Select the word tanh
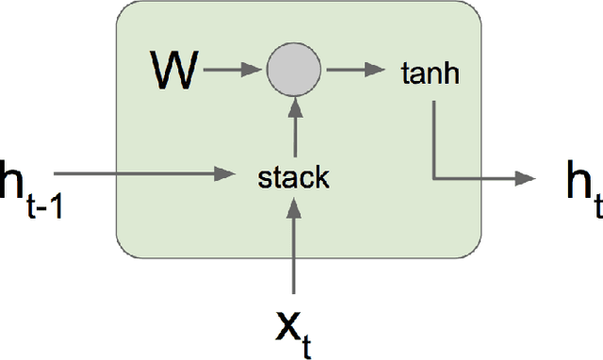click(x=432, y=74)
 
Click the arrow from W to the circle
click(x=230, y=70)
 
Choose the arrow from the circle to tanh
click(x=354, y=70)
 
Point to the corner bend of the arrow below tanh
click(x=433, y=176)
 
